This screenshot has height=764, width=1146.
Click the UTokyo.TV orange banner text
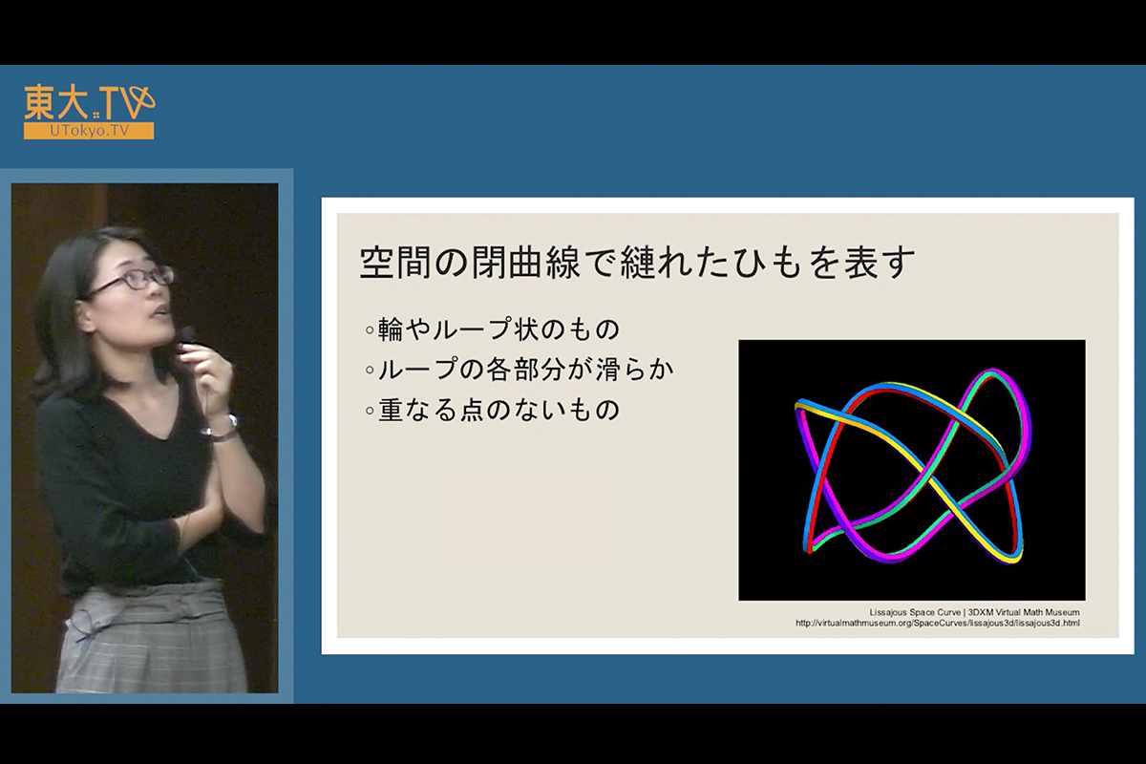tap(89, 131)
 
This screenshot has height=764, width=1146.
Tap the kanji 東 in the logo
tap(41, 102)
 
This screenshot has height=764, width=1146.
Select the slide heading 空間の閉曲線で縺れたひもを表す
tap(637, 263)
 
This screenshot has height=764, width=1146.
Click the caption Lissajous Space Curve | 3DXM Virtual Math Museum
tap(975, 612)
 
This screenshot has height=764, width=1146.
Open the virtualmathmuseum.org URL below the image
tap(938, 623)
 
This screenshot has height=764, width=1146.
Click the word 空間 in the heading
tap(394, 263)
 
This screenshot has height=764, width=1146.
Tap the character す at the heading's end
tap(898, 263)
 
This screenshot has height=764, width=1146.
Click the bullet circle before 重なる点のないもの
tap(370, 411)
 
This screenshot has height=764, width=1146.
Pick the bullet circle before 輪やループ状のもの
tap(370, 330)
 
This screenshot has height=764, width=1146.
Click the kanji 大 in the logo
tap(75, 102)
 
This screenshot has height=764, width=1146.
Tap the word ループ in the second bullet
tap(417, 370)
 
